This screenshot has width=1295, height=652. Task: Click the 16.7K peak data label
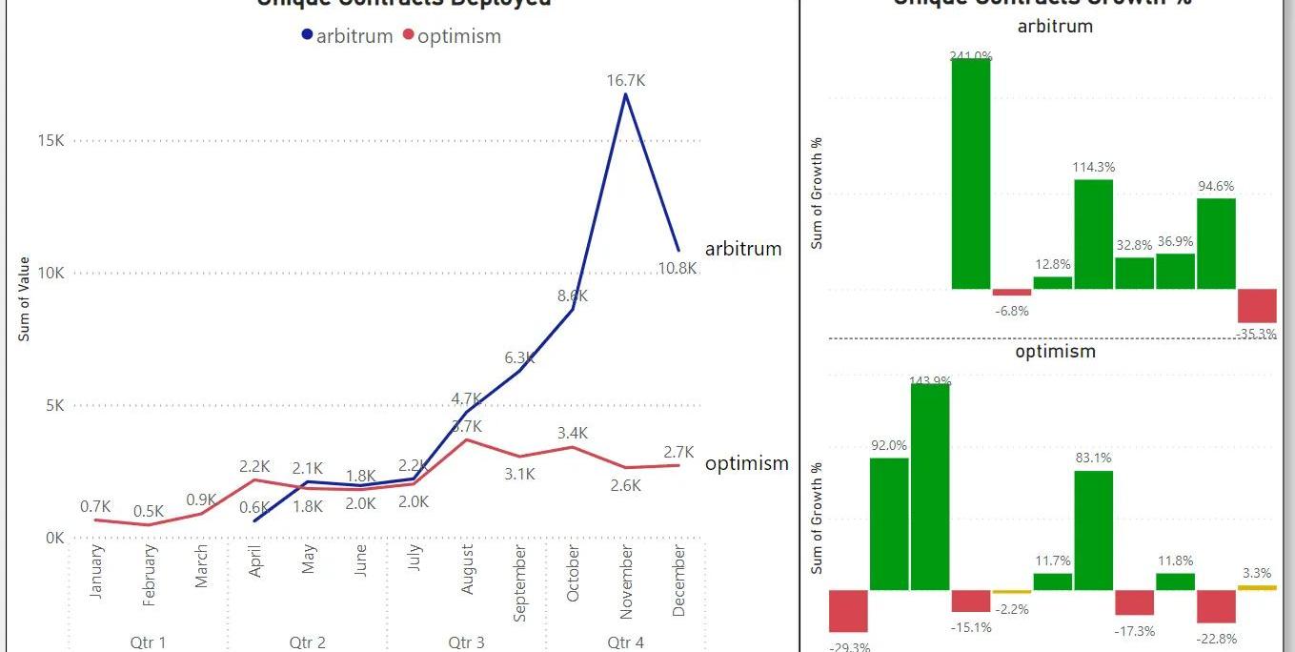click(626, 81)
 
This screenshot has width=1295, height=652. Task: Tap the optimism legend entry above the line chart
click(452, 36)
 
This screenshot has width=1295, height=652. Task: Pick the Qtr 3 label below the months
click(466, 642)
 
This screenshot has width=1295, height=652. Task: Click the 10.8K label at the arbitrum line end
click(678, 269)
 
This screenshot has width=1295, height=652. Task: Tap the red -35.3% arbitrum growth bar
click(1257, 305)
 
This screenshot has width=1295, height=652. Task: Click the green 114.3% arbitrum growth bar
click(1093, 234)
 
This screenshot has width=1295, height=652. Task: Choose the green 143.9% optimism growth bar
click(930, 486)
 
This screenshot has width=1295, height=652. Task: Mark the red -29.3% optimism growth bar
click(847, 610)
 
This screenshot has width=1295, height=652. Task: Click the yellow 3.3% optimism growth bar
click(1257, 587)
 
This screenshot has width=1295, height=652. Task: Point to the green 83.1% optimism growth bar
click(1093, 530)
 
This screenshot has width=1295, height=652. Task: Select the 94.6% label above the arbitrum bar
click(1216, 186)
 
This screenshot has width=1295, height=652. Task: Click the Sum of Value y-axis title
click(25, 299)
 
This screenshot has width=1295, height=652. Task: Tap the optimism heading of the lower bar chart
click(1055, 351)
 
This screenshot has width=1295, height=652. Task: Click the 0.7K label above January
click(96, 506)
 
